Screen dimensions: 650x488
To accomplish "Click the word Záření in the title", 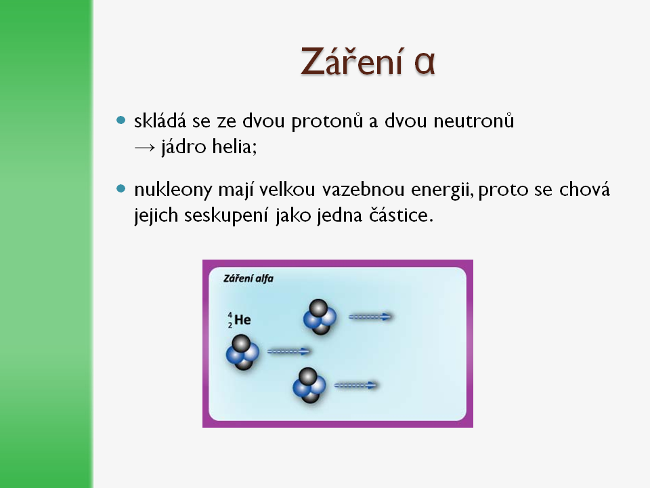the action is pos(352,61).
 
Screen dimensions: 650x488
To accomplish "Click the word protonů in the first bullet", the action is pos(327,121).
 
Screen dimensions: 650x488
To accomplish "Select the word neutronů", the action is pos(474,121).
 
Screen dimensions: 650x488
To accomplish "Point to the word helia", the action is pos(235,146).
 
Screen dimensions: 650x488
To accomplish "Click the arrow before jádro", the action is pos(145,147).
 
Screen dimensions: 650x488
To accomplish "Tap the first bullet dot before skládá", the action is pos(121,121).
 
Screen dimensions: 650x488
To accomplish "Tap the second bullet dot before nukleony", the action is pos(121,189).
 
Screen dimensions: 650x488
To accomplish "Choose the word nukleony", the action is pos(173,190).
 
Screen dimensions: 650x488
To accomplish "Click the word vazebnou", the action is pos(363,189).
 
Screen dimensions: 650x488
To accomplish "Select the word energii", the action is pos(442,190).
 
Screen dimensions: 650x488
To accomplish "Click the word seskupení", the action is pos(226,216).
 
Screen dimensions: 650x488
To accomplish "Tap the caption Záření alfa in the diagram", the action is pos(248,279).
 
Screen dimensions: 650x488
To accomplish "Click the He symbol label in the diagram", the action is pos(239,319).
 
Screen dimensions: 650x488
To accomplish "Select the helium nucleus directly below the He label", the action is pos(242,352).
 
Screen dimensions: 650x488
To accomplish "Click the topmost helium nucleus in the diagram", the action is pos(320,317).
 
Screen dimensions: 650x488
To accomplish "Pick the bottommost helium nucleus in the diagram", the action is pos(309,385).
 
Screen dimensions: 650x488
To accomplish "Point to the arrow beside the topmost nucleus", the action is pos(370,317).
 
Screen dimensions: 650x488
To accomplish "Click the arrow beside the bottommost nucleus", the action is pos(356,386).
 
